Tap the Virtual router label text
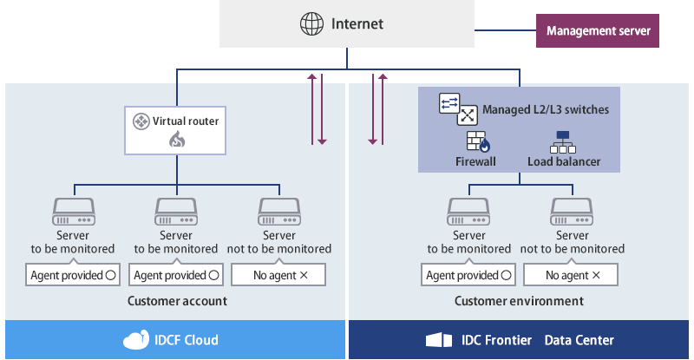(x=186, y=121)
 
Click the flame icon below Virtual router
(x=177, y=140)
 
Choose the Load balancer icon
(x=563, y=141)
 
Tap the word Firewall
(x=475, y=161)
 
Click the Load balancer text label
(x=564, y=161)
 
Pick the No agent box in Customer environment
(x=573, y=276)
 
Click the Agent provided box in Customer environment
(x=468, y=276)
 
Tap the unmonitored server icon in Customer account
(x=279, y=211)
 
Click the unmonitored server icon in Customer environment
(x=573, y=211)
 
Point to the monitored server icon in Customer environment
(x=468, y=211)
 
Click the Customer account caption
(x=177, y=301)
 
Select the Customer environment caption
(x=519, y=301)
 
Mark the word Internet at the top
(x=357, y=23)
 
